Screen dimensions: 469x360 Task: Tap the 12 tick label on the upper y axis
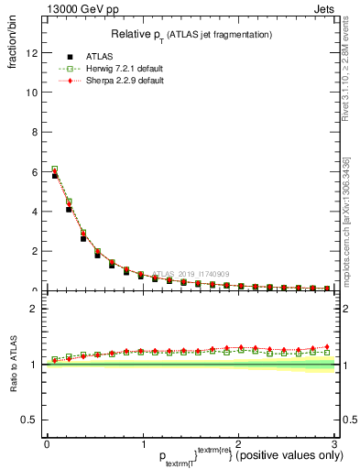click(x=33, y=53)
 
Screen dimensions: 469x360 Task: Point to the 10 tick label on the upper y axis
click(x=33, y=93)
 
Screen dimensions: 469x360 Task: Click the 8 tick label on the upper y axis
click(x=36, y=132)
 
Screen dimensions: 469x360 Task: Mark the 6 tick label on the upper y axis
click(x=36, y=172)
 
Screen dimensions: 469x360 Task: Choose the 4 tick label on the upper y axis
click(x=36, y=212)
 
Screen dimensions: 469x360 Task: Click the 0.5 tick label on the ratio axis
click(x=31, y=420)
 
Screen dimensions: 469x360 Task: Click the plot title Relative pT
click(x=191, y=34)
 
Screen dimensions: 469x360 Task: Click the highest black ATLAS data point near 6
click(x=55, y=175)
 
